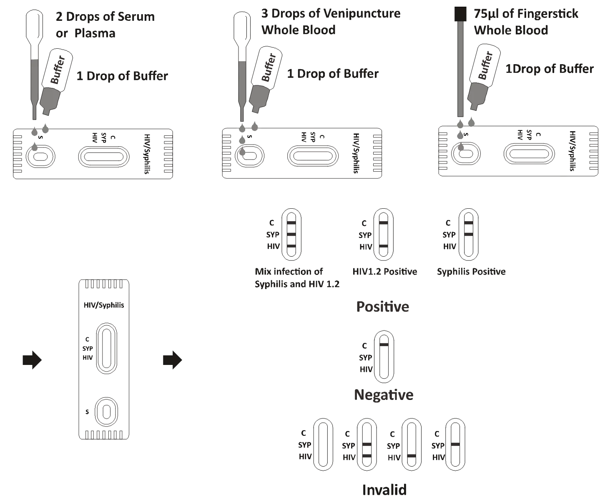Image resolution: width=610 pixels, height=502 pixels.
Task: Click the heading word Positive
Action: [383, 307]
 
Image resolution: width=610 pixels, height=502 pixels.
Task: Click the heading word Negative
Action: [384, 395]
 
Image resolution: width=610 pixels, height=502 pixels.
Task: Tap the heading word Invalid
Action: [384, 490]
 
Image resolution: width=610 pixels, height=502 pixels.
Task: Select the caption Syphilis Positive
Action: [471, 272]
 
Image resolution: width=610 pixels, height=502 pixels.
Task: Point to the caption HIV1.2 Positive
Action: [385, 272]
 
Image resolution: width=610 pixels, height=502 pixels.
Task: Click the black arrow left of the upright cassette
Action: [32, 360]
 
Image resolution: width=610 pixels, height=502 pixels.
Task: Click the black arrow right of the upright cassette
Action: [172, 360]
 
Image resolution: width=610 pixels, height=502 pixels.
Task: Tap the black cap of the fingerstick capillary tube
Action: [460, 14]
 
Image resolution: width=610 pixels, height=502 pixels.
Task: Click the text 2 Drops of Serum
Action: [105, 17]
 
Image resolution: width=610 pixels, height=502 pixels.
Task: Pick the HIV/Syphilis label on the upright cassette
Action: [104, 305]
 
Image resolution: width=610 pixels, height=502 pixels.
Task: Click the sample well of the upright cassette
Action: [107, 412]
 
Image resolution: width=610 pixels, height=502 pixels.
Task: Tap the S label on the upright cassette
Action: [87, 412]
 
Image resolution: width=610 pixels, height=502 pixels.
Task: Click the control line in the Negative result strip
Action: [384, 345]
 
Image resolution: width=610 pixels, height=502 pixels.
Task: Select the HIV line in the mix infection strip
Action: [291, 246]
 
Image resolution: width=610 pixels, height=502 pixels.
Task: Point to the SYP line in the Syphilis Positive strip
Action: [469, 235]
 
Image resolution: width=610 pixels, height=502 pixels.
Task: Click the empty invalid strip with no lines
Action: [323, 445]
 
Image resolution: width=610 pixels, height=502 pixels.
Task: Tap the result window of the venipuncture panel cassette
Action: [313, 156]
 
